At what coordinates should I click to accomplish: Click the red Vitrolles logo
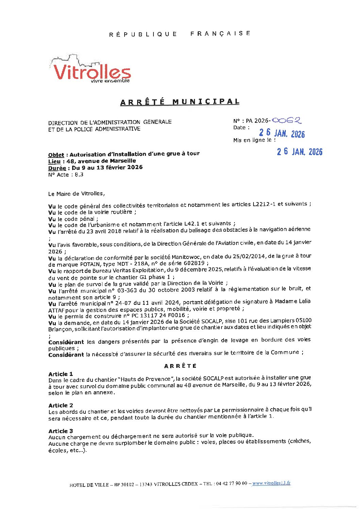[91, 70]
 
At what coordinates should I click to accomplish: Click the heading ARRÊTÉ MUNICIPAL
[180, 102]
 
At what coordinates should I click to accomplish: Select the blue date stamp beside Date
[282, 133]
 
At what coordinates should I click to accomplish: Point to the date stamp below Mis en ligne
[299, 152]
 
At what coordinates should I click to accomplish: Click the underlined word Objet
[56, 155]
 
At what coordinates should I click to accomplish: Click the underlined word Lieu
[54, 161]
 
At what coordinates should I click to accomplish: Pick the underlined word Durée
[57, 168]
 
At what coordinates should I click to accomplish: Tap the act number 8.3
[79, 175]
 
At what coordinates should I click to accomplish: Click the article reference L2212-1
[264, 204]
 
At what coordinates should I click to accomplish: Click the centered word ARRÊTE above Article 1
[180, 366]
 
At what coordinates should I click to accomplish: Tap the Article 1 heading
[61, 374]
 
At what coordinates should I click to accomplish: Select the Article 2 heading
[61, 405]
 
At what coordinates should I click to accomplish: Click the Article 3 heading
[61, 431]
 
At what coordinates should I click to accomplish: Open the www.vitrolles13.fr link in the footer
[271, 483]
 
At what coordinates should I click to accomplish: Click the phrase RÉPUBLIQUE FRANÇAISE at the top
[180, 34]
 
